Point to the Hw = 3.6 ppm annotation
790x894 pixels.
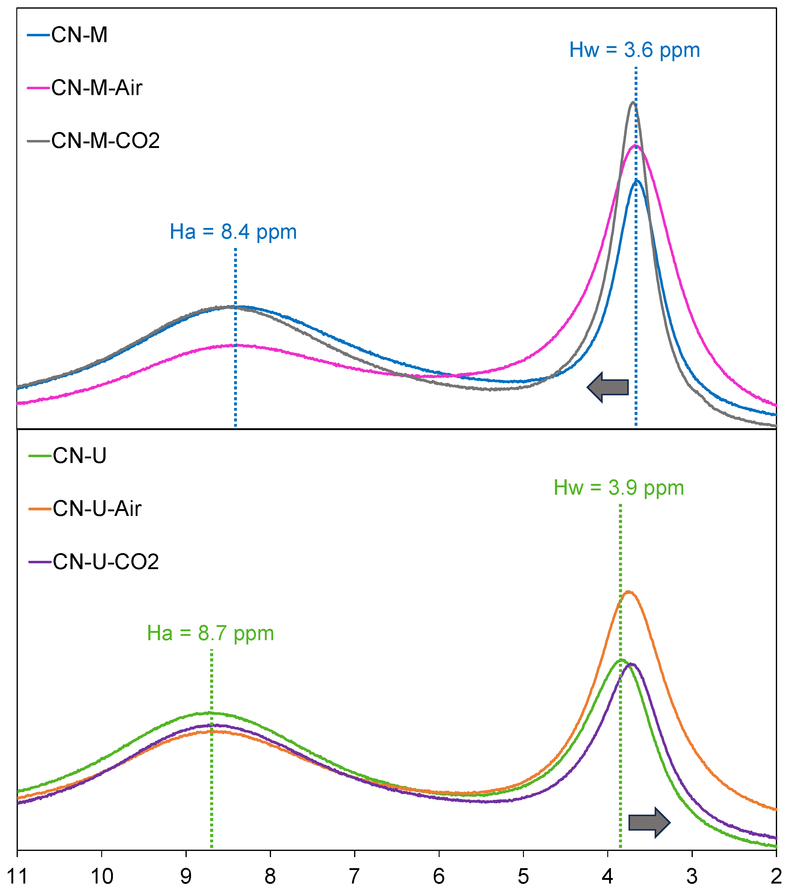click(x=634, y=50)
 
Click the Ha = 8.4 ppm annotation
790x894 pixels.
click(x=233, y=232)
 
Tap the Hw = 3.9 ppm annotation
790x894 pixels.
click(x=619, y=488)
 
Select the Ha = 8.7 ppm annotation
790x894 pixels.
click(x=210, y=633)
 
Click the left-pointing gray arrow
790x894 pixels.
click(x=608, y=387)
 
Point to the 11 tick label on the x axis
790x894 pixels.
click(x=18, y=876)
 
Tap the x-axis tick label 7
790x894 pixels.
click(x=354, y=876)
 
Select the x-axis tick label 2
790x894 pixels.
click(x=776, y=876)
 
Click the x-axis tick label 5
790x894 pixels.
click(x=523, y=876)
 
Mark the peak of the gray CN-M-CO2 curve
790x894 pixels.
click(x=632, y=102)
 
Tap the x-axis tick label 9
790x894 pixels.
click(x=186, y=876)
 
